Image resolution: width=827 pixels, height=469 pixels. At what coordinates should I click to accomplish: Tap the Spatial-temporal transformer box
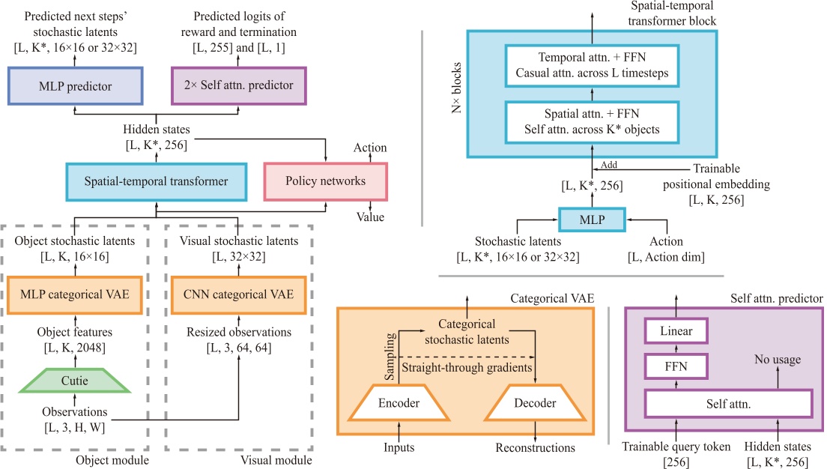click(x=156, y=181)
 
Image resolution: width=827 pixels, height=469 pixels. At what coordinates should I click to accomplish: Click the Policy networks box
click(x=325, y=181)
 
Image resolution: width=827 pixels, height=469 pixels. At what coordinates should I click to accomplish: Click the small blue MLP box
click(x=591, y=220)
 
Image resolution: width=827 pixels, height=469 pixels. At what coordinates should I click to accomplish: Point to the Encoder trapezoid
click(x=398, y=403)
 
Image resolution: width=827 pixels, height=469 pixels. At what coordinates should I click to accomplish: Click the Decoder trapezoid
click(x=535, y=403)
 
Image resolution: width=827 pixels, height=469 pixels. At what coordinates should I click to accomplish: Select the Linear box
click(x=676, y=330)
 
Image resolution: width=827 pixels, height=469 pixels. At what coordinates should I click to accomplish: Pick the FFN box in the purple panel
click(x=676, y=366)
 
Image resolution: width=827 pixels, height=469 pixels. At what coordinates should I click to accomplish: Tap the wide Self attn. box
click(x=728, y=403)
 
